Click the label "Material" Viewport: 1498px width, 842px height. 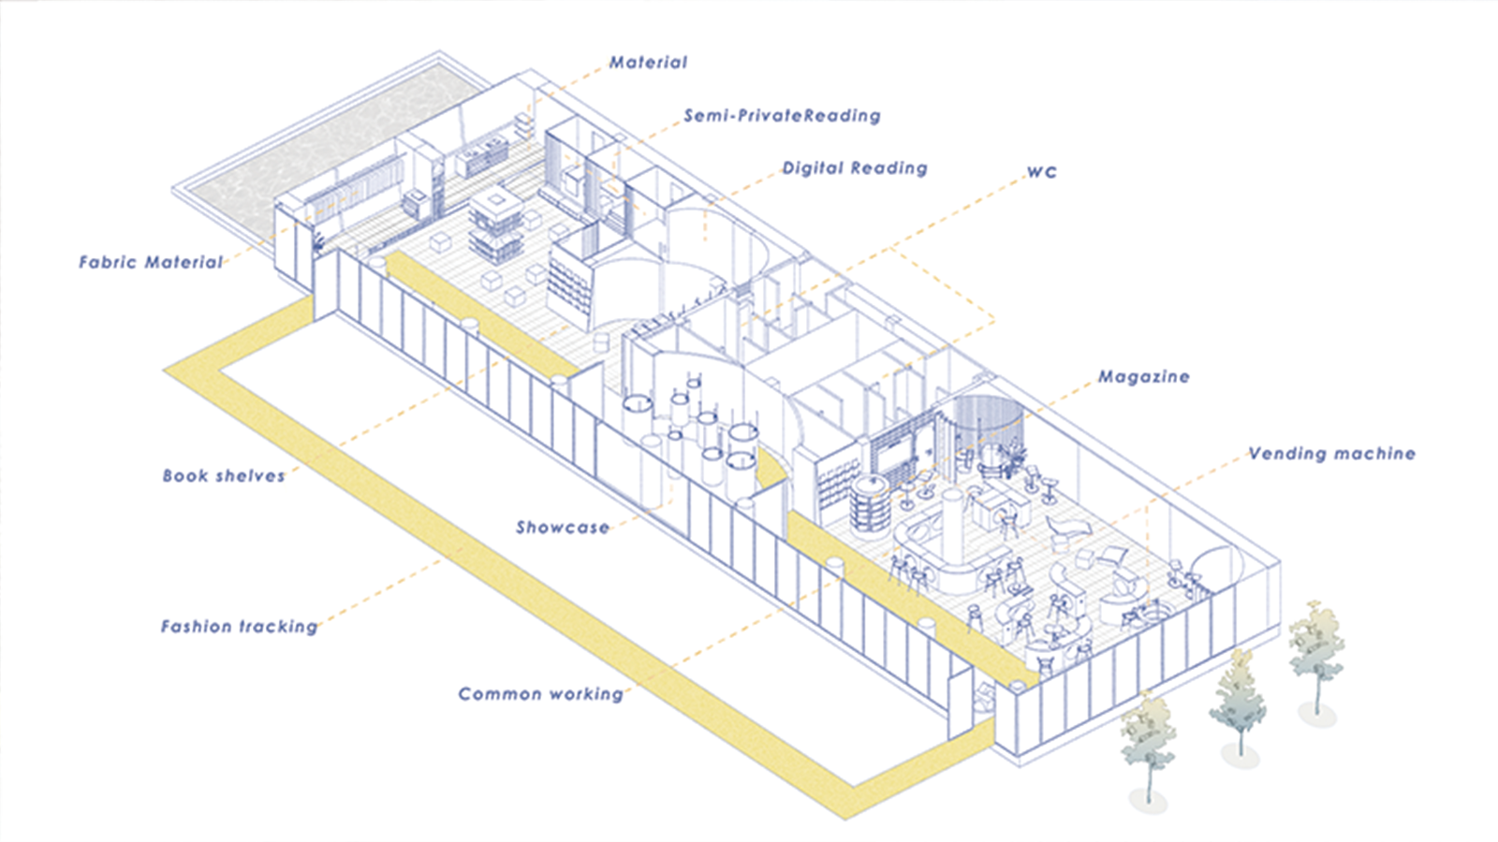click(x=648, y=63)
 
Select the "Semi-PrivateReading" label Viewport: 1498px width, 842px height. click(x=782, y=116)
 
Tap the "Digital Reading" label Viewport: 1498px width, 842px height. click(x=855, y=168)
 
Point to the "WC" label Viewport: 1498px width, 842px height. click(x=1041, y=172)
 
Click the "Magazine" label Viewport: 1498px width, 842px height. click(x=1143, y=377)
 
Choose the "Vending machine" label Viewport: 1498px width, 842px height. click(x=1331, y=454)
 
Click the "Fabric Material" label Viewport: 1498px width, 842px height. click(x=151, y=263)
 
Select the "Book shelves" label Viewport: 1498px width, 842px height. click(x=224, y=476)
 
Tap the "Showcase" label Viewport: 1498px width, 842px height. click(x=562, y=528)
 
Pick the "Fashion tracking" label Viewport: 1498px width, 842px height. click(x=239, y=627)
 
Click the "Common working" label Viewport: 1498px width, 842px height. click(x=540, y=694)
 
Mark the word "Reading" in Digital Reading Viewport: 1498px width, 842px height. click(x=889, y=168)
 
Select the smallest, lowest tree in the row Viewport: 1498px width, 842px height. click(x=1148, y=748)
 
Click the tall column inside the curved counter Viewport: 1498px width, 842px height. click(x=953, y=524)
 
